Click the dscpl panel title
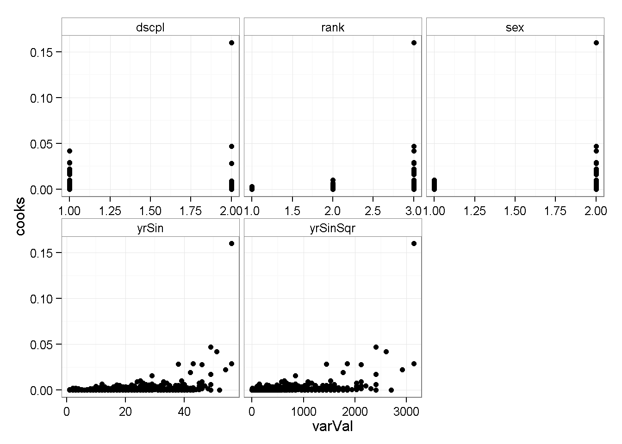150,27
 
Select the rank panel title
333,27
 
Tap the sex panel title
515,27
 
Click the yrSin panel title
150,228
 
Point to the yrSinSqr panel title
333,228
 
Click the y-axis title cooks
20,216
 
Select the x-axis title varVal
333,426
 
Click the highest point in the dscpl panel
231,43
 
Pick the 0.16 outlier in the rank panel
414,43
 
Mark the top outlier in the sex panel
596,43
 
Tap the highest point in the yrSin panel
231,243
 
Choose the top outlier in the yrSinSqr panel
414,243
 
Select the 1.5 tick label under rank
292,211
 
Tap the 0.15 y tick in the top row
40,52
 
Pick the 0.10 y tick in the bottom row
40,299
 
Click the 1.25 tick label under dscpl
110,211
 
